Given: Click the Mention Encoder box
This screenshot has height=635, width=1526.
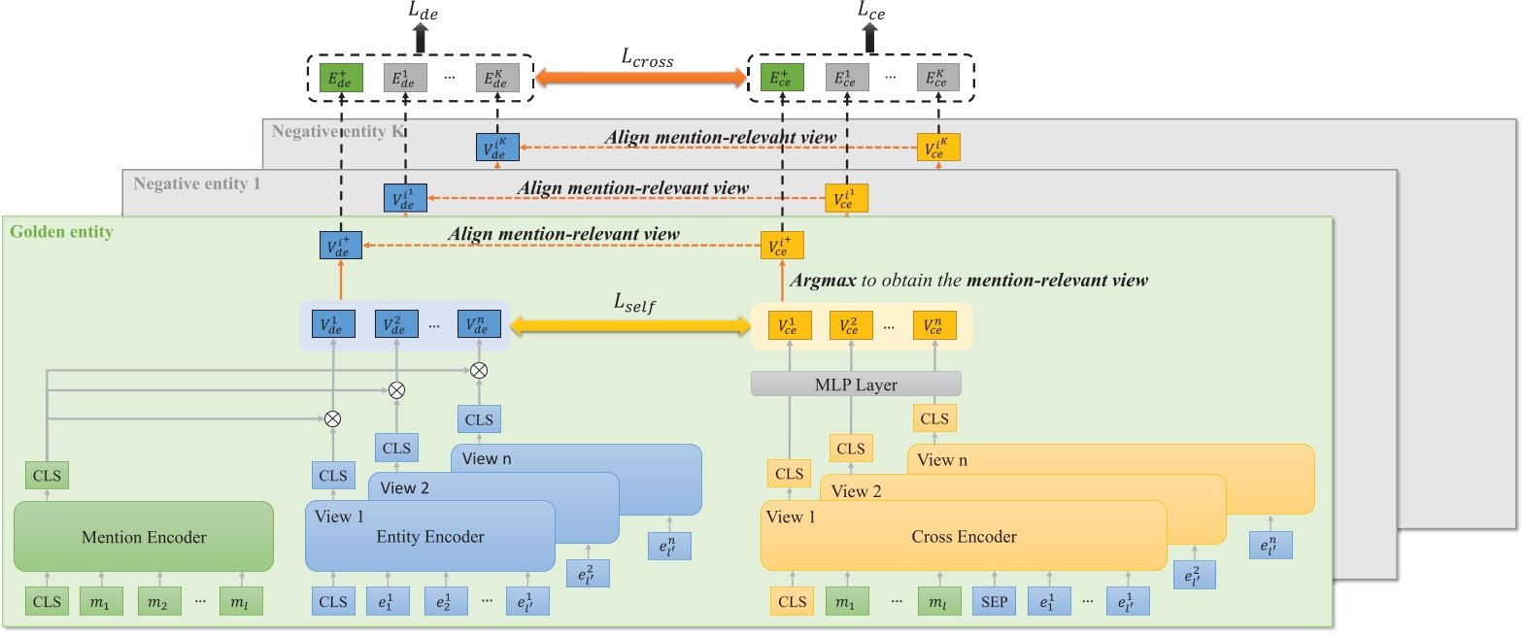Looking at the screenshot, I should click(x=144, y=537).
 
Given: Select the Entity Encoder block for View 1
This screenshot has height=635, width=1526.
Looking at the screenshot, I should click(x=429, y=537).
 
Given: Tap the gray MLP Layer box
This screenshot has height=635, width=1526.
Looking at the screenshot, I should click(x=856, y=384).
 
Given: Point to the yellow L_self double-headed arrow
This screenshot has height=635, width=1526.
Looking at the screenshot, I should click(x=630, y=326).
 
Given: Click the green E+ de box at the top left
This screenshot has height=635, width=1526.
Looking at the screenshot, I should click(x=341, y=79).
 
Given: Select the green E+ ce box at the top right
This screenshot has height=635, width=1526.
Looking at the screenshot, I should click(x=781, y=79).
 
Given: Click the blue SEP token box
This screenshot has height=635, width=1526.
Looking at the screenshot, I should click(x=994, y=601).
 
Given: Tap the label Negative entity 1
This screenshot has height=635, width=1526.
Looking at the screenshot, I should click(x=196, y=184).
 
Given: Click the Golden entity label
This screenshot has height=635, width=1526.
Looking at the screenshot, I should click(x=61, y=232).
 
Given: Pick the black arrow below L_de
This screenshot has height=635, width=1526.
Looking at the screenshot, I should click(x=421, y=38).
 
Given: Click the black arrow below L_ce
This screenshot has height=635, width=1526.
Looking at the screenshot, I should click(x=869, y=38).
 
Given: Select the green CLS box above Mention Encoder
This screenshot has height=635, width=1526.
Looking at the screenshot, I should click(x=47, y=476).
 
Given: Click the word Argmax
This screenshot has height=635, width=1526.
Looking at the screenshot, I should click(x=823, y=281).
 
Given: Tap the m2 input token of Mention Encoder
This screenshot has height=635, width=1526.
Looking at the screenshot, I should click(x=158, y=602).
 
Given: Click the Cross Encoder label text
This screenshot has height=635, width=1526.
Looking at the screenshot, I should click(x=964, y=537).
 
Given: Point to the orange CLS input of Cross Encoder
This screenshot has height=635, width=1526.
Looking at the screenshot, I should click(x=792, y=601).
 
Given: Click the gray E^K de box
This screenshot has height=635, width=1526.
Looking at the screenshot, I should click(x=496, y=79).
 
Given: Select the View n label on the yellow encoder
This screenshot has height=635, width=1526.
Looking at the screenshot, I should click(x=942, y=460).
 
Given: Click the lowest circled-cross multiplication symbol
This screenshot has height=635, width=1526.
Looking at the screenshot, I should click(x=332, y=418).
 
